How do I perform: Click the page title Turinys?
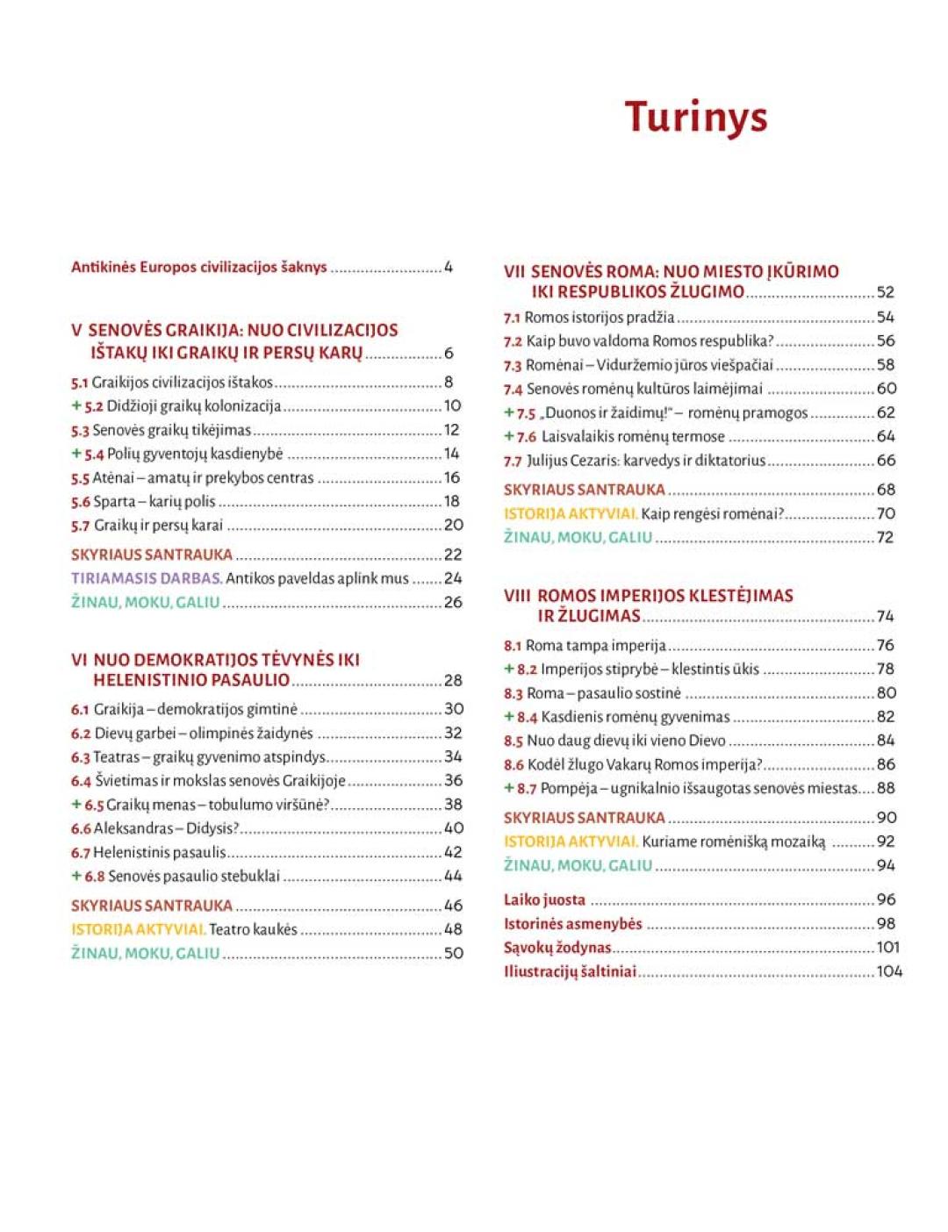click(695, 117)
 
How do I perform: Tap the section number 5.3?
click(80, 431)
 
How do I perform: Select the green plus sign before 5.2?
click(76, 406)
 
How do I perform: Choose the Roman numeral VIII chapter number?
click(517, 596)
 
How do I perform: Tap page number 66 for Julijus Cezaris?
click(886, 460)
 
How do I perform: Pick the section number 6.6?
click(81, 828)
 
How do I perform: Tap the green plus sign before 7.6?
click(509, 436)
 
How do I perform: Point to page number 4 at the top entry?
click(449, 267)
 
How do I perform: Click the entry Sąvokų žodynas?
click(557, 948)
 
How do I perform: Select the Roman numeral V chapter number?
click(76, 331)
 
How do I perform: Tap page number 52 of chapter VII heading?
click(886, 292)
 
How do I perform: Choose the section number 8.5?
click(513, 741)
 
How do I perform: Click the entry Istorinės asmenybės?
click(572, 924)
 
